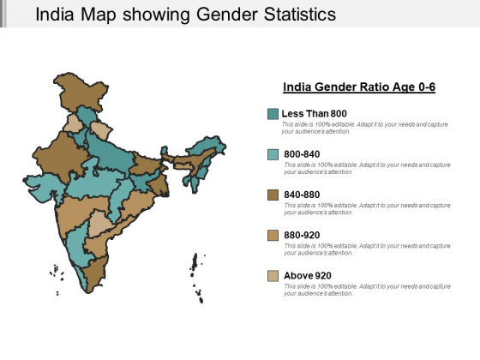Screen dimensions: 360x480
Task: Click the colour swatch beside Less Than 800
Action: point(273,114)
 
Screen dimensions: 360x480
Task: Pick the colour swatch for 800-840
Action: point(273,154)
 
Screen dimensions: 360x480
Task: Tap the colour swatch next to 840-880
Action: point(273,195)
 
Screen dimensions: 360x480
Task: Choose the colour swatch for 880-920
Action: point(273,235)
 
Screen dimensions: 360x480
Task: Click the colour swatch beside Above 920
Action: point(273,275)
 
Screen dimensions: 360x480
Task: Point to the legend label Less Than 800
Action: point(314,114)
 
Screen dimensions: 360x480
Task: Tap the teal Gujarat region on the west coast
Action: point(40,185)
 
